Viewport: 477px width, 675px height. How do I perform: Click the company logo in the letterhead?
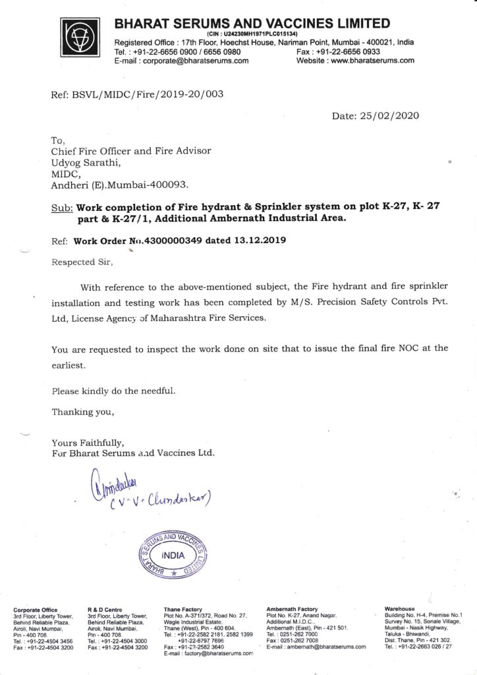pos(82,38)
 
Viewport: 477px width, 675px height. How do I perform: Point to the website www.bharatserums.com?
pos(372,61)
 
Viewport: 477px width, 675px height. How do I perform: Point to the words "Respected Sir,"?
pos(82,262)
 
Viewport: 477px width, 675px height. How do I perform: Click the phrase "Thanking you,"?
pos(82,413)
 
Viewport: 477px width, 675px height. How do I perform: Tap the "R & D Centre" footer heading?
pos(103,609)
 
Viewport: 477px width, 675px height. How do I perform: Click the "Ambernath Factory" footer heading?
pos(292,609)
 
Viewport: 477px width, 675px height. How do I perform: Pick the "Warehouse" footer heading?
pos(399,609)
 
